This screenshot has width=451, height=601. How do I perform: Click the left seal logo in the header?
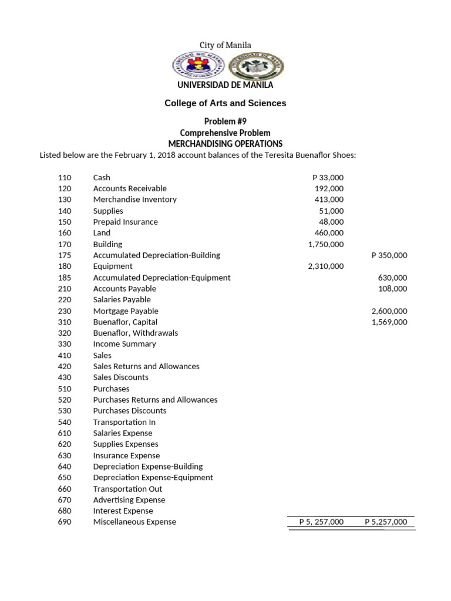pyautogui.click(x=198, y=66)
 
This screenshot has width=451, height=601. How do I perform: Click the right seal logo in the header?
pyautogui.click(x=255, y=66)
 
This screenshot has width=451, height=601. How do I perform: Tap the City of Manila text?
pyautogui.click(x=225, y=45)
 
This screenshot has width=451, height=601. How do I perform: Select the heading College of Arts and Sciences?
pyautogui.click(x=225, y=103)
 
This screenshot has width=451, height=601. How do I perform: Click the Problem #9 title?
pyautogui.click(x=225, y=121)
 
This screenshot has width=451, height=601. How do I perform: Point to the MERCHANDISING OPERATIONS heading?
pyautogui.click(x=225, y=144)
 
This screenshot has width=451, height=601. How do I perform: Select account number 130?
pyautogui.click(x=65, y=200)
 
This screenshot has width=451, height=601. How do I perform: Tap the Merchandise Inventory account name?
pyautogui.click(x=134, y=200)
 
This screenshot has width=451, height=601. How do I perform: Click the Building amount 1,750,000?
pyautogui.click(x=326, y=244)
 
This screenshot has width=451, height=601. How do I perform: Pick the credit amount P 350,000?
pyautogui.click(x=389, y=255)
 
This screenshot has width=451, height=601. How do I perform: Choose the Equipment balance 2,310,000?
pyautogui.click(x=326, y=266)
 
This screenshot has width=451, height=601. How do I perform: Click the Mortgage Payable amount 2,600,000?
pyautogui.click(x=389, y=311)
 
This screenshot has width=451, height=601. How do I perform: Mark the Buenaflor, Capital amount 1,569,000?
pyautogui.click(x=389, y=322)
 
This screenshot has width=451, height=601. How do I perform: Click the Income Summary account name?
pyautogui.click(x=124, y=345)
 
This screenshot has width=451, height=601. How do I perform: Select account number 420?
pyautogui.click(x=65, y=366)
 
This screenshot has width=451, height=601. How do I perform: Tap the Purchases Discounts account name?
pyautogui.click(x=129, y=411)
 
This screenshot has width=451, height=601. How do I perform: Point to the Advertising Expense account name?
pyautogui.click(x=129, y=500)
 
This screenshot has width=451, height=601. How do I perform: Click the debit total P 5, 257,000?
pyautogui.click(x=321, y=522)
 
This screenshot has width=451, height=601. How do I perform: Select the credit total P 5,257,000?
pyautogui.click(x=386, y=522)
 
